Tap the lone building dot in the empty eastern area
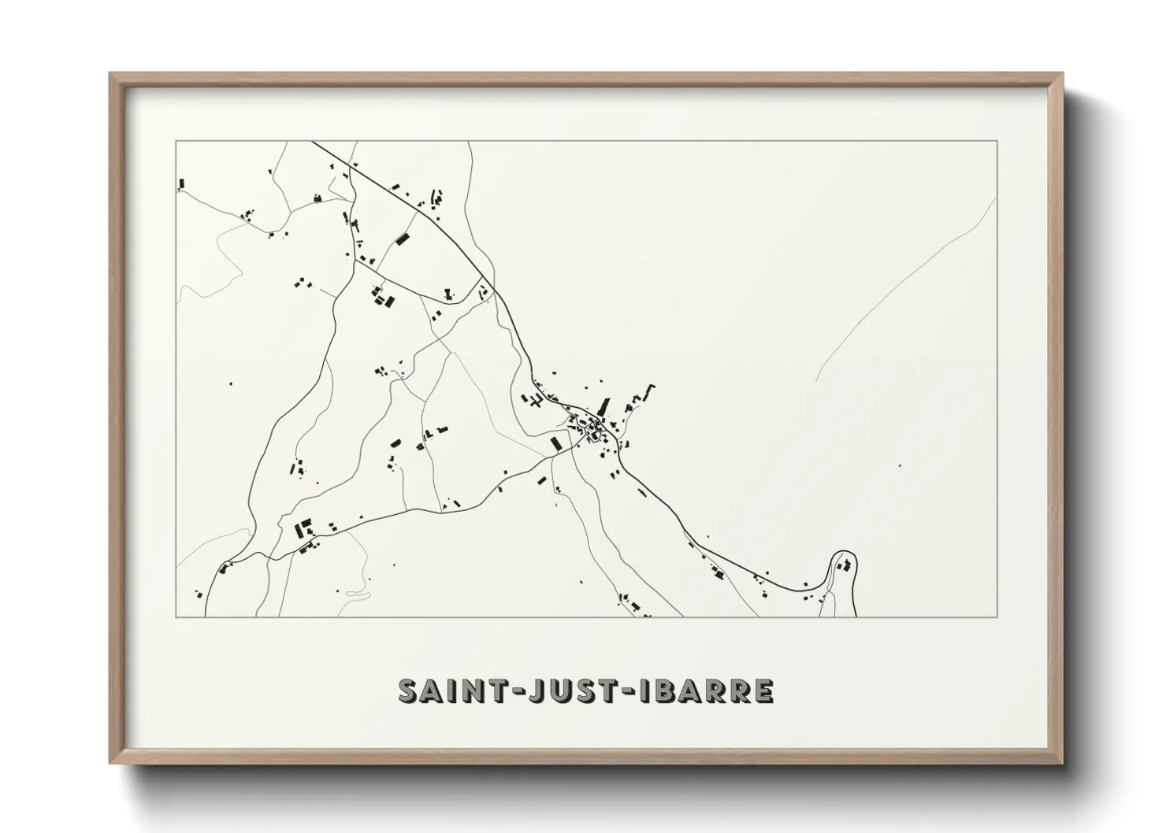[x=899, y=465]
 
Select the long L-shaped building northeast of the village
[x=648, y=391]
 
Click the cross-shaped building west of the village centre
[x=537, y=402]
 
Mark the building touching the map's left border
[x=181, y=184]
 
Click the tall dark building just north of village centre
[x=605, y=407]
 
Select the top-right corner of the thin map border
[x=997, y=141]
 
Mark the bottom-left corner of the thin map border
[x=176, y=616]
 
